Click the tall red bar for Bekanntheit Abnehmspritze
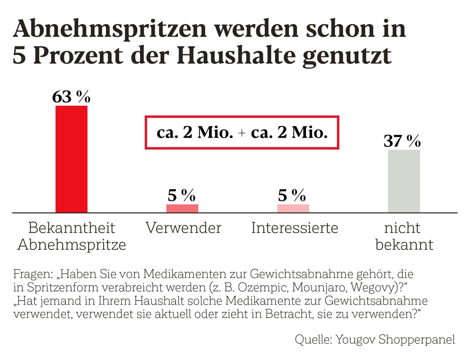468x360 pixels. (x=71, y=159)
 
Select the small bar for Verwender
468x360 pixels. (x=182, y=208)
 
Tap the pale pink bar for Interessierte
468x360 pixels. (x=293, y=208)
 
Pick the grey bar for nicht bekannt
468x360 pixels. (x=404, y=181)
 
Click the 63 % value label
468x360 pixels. (x=71, y=97)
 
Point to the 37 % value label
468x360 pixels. (x=402, y=141)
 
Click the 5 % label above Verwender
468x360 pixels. (x=182, y=194)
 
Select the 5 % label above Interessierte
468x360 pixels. (x=293, y=194)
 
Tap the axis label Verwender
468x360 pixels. (x=183, y=228)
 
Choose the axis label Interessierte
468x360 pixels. (x=295, y=228)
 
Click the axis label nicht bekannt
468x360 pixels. (x=404, y=236)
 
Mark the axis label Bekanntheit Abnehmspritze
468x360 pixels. (x=72, y=236)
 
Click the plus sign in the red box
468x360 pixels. (x=242, y=133)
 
